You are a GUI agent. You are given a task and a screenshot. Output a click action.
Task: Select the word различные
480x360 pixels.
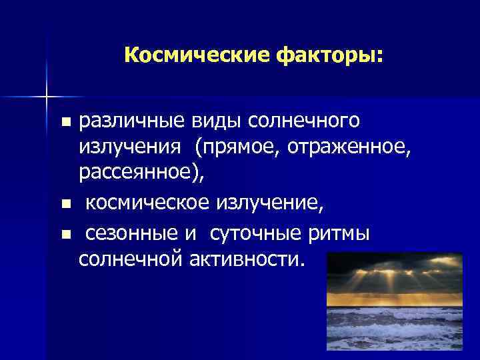(x=126, y=121)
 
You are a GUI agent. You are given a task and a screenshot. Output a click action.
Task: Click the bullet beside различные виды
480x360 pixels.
(x=65, y=123)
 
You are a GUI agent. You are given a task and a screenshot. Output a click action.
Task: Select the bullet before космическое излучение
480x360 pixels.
(x=65, y=202)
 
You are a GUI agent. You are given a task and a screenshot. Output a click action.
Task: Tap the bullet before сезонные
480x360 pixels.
(x=65, y=235)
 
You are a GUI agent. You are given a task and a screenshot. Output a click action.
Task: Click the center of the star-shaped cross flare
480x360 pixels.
(x=47, y=97)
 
